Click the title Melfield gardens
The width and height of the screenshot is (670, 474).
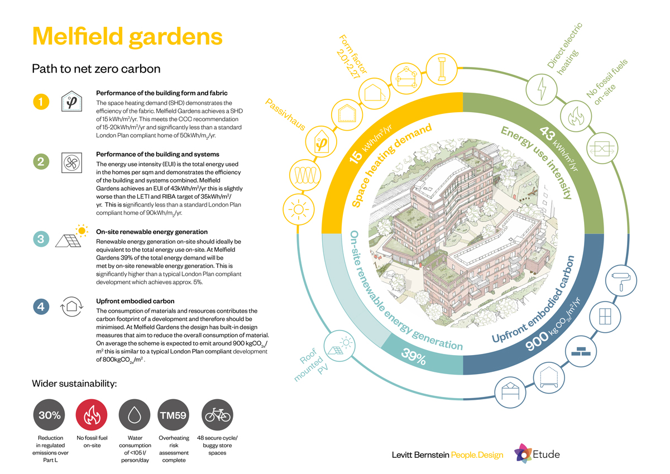pyautogui.click(x=127, y=37)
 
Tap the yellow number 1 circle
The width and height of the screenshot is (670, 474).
pyautogui.click(x=41, y=102)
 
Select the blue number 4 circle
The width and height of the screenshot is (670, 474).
pyautogui.click(x=41, y=307)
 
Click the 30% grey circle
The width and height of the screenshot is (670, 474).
pyautogui.click(x=49, y=415)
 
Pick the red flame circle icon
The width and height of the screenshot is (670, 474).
pyautogui.click(x=92, y=415)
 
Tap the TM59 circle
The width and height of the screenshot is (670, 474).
pyautogui.click(x=174, y=415)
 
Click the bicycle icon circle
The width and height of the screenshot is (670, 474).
pyautogui.click(x=217, y=415)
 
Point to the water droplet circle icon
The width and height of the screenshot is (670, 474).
pyautogui.click(x=135, y=415)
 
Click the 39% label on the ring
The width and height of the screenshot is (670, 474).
pyautogui.click(x=414, y=356)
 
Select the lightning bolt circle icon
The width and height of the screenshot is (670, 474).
pyautogui.click(x=542, y=89)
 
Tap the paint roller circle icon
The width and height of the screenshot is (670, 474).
pyautogui.click(x=621, y=280)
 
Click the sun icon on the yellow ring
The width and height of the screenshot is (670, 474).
pyautogui.click(x=299, y=209)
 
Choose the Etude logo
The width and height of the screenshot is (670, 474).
pyautogui.click(x=537, y=454)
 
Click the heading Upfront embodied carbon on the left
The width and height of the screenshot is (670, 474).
pyautogui.click(x=135, y=301)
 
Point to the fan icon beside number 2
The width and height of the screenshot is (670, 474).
pyautogui.click(x=72, y=162)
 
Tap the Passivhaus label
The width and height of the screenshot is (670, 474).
pyautogui.click(x=285, y=114)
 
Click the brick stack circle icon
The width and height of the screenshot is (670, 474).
pyautogui.click(x=581, y=351)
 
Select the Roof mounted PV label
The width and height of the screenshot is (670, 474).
pyautogui.click(x=311, y=364)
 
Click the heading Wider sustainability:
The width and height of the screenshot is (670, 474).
pyautogui.click(x=74, y=384)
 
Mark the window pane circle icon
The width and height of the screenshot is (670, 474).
pyautogui.click(x=605, y=317)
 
